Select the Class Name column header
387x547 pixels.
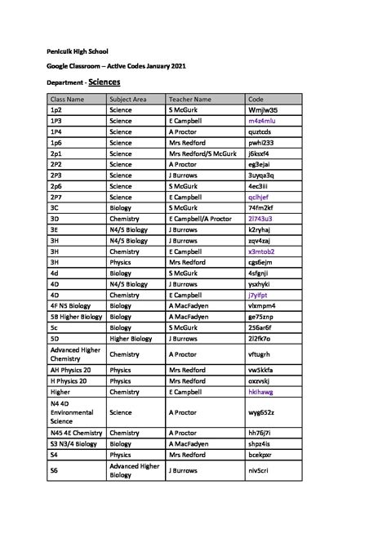68,99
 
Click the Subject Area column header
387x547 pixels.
128,99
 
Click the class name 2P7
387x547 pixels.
56,197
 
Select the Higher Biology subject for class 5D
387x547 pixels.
131,339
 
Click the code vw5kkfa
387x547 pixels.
261,370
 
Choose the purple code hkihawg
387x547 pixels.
261,392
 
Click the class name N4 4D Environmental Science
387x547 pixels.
72,412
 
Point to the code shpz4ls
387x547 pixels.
260,443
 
